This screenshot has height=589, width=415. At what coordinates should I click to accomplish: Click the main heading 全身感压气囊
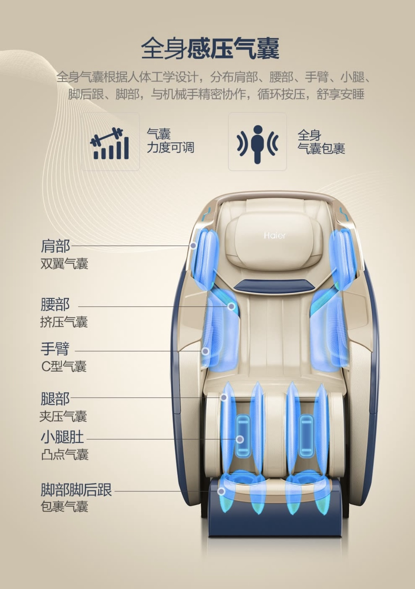pos(210,49)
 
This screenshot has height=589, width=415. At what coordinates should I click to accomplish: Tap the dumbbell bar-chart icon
pos(110,143)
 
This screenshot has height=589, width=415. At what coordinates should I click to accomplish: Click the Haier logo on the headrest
pos(274,235)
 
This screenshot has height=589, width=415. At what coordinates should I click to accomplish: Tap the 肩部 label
pos(55,246)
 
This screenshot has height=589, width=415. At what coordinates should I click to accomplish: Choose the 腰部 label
pos(55,305)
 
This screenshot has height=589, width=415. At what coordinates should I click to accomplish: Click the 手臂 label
pos(55,349)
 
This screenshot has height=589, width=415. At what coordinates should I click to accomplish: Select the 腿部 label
pos(55,398)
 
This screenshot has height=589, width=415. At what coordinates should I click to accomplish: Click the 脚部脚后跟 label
pos(76,490)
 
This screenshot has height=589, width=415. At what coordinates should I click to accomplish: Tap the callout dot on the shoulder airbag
pos(193,245)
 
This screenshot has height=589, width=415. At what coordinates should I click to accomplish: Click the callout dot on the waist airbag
pos(231,306)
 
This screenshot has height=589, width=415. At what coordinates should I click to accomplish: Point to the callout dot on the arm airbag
pos(205,351)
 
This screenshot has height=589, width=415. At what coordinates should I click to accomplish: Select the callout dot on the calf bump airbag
pos(240,439)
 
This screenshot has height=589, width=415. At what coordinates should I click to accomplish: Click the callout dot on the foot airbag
pos(221,491)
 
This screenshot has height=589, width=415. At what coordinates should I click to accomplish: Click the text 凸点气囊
pos(65,454)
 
